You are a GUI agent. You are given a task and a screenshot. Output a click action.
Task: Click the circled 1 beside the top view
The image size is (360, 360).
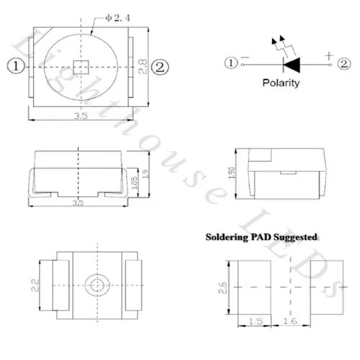15,66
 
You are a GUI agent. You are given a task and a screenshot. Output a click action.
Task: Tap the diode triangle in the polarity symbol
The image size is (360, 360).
291,65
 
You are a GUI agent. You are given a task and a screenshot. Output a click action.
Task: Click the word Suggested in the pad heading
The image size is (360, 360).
294,236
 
